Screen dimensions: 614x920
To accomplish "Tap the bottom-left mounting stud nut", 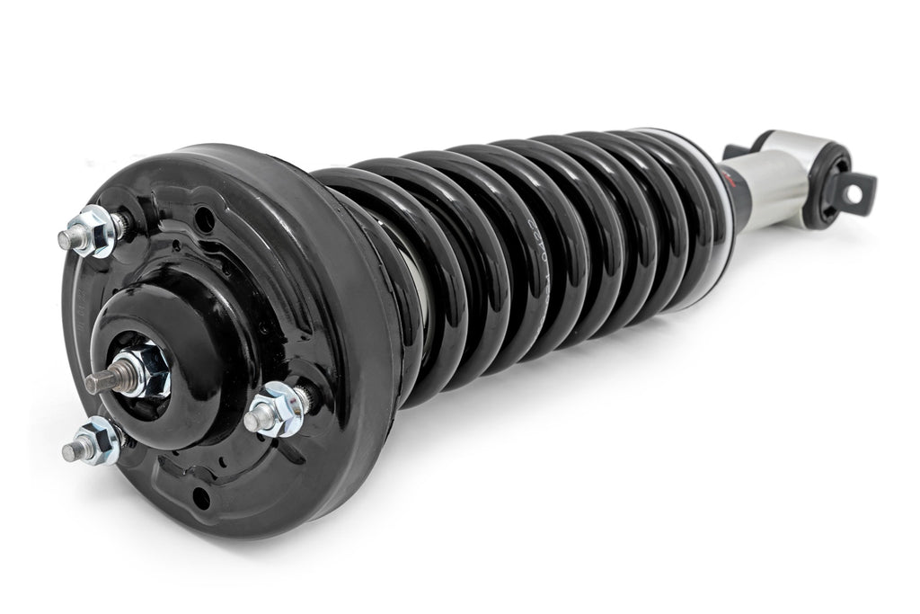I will tap(101, 442).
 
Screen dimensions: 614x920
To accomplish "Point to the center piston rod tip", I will tap(94, 384).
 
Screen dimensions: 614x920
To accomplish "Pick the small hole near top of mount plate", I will tap(205, 218).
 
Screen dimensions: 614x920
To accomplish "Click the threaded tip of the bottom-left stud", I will tap(70, 452).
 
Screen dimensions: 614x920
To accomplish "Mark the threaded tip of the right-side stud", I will tap(253, 419).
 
